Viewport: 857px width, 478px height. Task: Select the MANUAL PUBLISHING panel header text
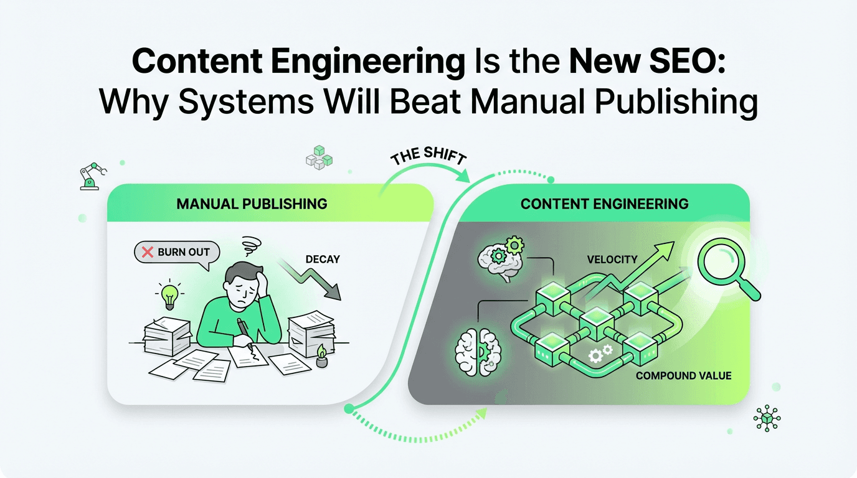coord(252,204)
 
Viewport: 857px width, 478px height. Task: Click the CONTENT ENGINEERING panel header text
coord(605,204)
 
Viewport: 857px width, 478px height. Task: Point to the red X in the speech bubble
coord(148,252)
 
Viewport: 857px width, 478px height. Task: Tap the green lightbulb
coord(169,296)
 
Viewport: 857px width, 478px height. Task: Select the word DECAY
coord(323,258)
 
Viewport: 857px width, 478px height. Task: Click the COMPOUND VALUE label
coord(684,375)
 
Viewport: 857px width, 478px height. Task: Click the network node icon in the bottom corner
coord(767,418)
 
